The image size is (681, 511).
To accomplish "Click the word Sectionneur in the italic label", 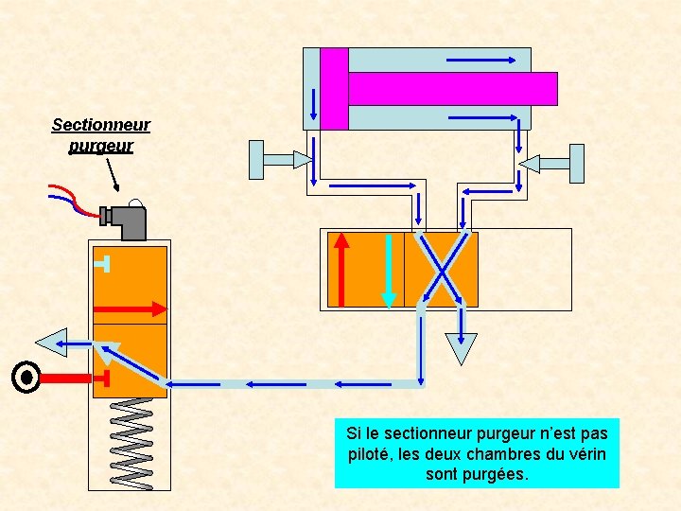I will (100, 125).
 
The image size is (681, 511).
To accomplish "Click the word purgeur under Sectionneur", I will (100, 146).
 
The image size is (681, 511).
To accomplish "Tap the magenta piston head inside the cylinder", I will (334, 88).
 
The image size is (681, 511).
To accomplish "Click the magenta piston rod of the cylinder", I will (452, 88).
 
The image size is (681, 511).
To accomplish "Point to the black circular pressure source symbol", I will (26, 378).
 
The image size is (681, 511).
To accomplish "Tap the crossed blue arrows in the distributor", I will (441, 269).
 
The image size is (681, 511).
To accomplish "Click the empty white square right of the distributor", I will (525, 269).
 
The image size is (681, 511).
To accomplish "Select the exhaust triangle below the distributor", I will (462, 348).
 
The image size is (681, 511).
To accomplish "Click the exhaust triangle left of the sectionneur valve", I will (52, 341).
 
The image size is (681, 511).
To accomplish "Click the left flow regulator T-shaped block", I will (257, 159).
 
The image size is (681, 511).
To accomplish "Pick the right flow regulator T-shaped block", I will (575, 163).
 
